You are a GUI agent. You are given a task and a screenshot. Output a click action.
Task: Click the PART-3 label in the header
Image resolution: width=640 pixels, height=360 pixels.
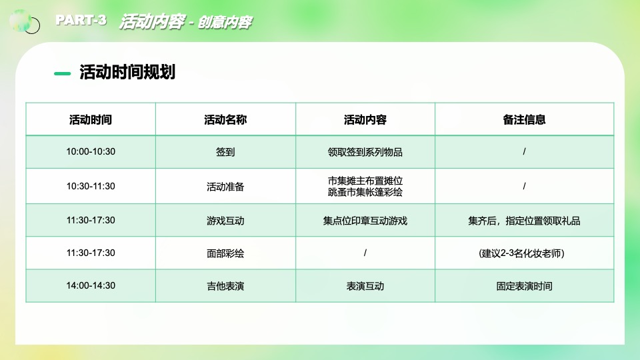pyautogui.click(x=81, y=20)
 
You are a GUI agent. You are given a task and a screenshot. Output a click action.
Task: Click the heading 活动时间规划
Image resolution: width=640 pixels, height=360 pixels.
pyautogui.click(x=127, y=72)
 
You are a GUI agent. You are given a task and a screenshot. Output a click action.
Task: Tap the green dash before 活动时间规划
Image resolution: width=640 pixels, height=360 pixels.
pyautogui.click(x=62, y=73)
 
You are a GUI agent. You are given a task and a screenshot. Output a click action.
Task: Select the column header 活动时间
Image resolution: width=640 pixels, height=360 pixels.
pyautogui.click(x=91, y=120)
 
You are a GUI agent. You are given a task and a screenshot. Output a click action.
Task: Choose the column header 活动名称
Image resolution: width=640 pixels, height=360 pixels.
pyautogui.click(x=225, y=120)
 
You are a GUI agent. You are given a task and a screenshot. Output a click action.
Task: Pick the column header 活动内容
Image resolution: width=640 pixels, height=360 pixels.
pyautogui.click(x=365, y=120)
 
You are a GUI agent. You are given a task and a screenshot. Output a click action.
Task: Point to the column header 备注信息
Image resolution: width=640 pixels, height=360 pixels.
pyautogui.click(x=525, y=120)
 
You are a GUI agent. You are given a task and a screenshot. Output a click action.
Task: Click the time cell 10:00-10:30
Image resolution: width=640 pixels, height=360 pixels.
pyautogui.click(x=91, y=152)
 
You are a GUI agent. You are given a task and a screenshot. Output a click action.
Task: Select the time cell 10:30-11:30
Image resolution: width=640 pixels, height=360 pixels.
pyautogui.click(x=91, y=187)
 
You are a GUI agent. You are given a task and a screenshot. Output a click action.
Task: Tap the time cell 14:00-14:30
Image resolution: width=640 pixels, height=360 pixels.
pyautogui.click(x=91, y=286)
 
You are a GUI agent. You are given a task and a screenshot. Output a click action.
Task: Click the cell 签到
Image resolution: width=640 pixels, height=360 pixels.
pyautogui.click(x=225, y=152)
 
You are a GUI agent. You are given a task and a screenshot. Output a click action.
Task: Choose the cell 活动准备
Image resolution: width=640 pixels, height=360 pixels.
pyautogui.click(x=225, y=187)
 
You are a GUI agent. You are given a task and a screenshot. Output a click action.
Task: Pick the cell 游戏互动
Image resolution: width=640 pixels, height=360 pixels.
pyautogui.click(x=225, y=221)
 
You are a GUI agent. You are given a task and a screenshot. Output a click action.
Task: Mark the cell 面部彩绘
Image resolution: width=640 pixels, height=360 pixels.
pyautogui.click(x=225, y=253)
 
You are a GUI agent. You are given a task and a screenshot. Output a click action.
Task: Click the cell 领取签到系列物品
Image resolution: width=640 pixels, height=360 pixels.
pyautogui.click(x=365, y=152)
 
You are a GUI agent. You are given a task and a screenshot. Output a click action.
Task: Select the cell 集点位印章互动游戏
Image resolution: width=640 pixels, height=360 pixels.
pyautogui.click(x=365, y=221)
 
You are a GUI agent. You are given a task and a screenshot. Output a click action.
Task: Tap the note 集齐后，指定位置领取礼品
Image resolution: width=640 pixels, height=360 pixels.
pyautogui.click(x=525, y=221)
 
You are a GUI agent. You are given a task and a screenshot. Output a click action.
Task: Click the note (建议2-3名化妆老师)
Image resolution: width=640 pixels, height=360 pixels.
pyautogui.click(x=525, y=253)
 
